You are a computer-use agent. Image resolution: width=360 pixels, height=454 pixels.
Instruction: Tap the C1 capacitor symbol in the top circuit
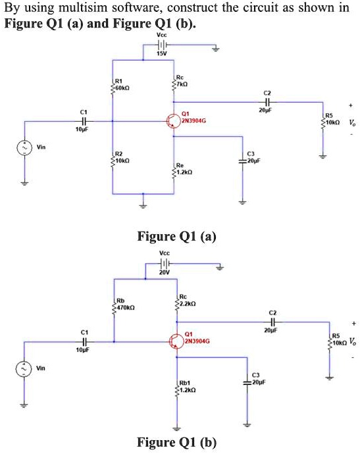(x=83, y=121)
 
